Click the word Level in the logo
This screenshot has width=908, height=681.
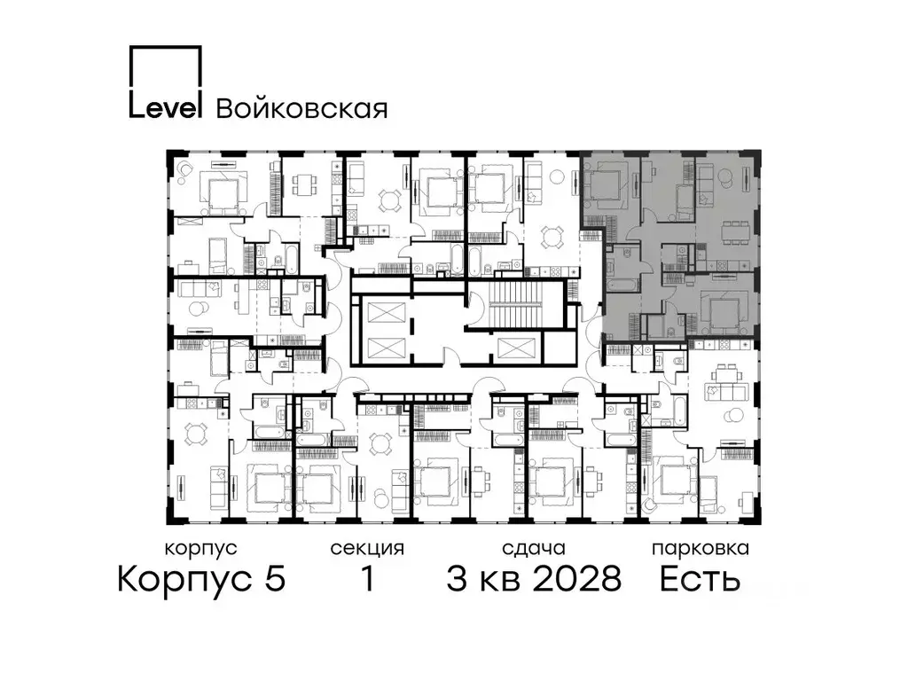click(x=166, y=106)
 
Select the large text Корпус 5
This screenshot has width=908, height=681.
click(x=201, y=580)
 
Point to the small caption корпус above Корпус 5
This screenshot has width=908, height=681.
click(x=201, y=549)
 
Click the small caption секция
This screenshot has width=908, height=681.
click(x=367, y=549)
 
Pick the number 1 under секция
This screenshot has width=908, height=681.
click(x=366, y=580)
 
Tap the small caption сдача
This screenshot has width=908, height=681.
click(x=532, y=549)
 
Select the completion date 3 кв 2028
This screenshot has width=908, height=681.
click(x=533, y=580)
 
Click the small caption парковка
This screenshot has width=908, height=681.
click(x=700, y=549)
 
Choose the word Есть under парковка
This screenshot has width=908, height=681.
click(x=700, y=580)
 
